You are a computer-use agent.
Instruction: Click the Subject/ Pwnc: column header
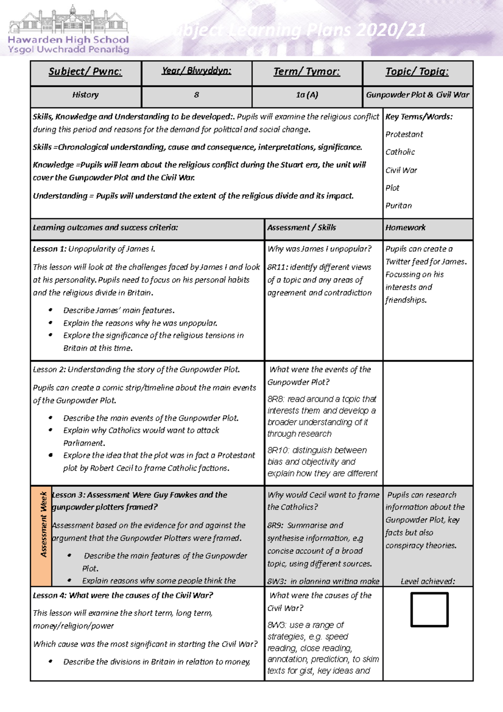click(x=85, y=72)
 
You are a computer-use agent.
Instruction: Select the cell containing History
click(x=85, y=95)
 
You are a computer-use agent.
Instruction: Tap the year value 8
click(x=196, y=95)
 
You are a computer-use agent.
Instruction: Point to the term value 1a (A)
click(x=307, y=95)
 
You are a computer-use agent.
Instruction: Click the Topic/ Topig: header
click(x=417, y=72)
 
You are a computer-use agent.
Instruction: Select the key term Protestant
click(x=404, y=134)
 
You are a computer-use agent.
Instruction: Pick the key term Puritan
click(x=399, y=205)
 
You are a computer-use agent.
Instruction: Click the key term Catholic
click(x=400, y=152)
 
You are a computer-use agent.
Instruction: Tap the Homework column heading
click(x=405, y=227)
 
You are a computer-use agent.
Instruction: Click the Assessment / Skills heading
click(x=301, y=227)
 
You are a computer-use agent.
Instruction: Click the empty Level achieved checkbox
click(x=429, y=609)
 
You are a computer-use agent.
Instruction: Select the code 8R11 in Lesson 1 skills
click(x=277, y=267)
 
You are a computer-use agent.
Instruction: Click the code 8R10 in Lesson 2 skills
click(x=278, y=450)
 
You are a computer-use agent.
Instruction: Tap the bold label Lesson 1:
click(x=49, y=249)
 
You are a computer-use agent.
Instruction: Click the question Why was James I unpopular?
click(x=319, y=249)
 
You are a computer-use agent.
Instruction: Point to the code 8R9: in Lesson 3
click(x=276, y=525)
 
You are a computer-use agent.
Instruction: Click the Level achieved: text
click(x=428, y=581)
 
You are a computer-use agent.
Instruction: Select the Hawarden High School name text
click(x=68, y=40)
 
